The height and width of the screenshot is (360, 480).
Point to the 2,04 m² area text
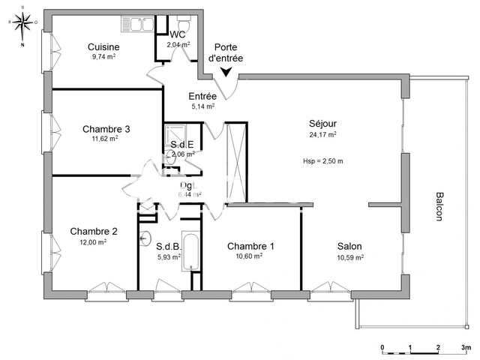[x=178, y=45]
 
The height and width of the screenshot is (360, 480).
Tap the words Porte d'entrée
[x=225, y=52]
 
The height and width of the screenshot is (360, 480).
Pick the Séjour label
[x=322, y=124]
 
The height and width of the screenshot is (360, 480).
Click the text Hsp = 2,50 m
[x=322, y=160]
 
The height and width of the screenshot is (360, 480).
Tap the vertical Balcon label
[x=439, y=206]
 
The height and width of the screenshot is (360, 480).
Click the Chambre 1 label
[x=250, y=246]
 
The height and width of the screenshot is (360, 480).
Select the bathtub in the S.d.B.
[x=191, y=250]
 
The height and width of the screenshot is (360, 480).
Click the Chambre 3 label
[x=106, y=129]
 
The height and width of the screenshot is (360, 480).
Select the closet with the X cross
[x=236, y=161]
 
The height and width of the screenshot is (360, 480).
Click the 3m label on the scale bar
[x=465, y=347]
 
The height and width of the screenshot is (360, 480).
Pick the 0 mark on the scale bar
[x=382, y=347]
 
